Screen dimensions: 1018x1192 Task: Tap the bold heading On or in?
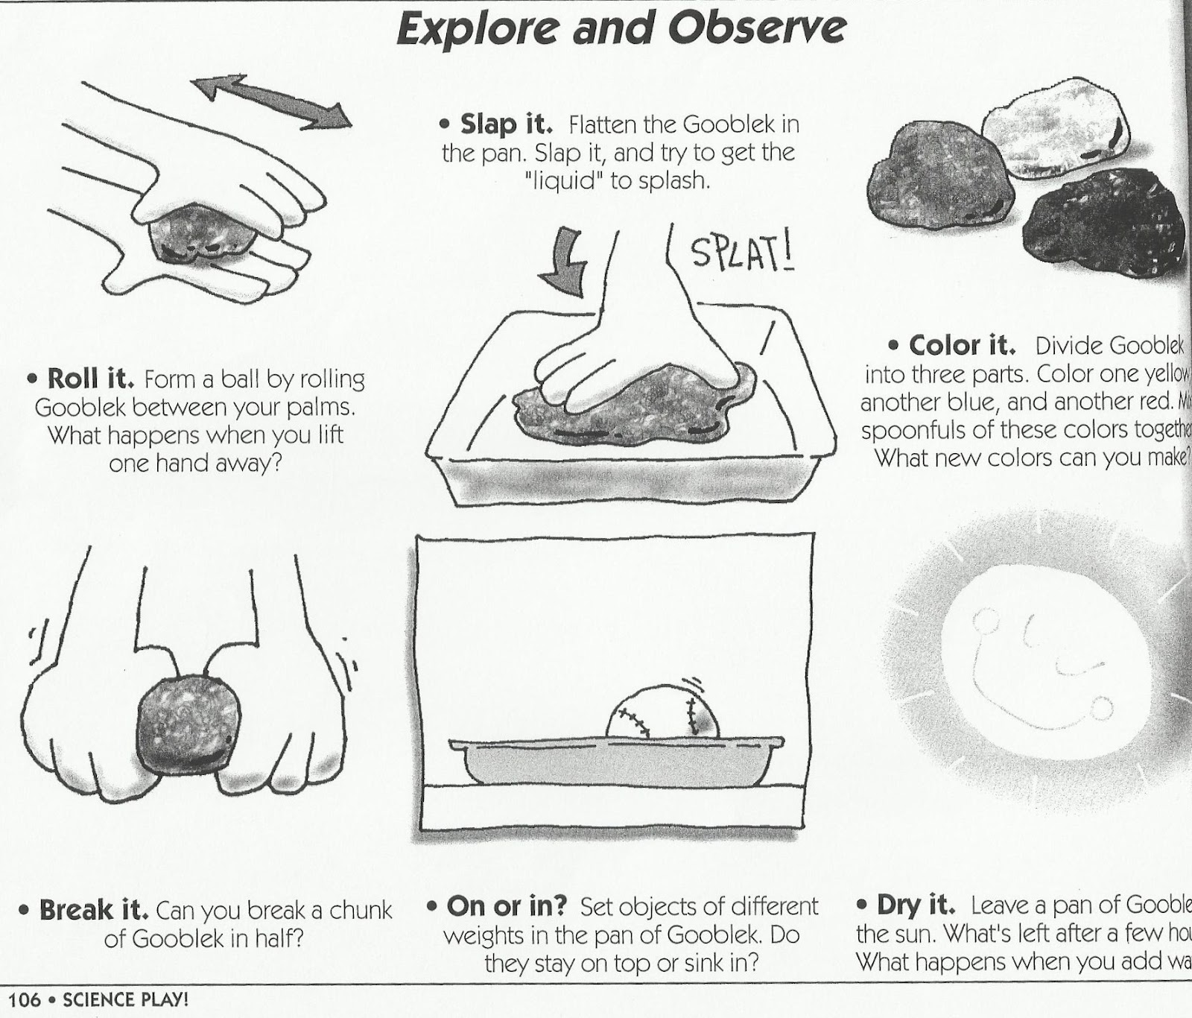coord(507,906)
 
